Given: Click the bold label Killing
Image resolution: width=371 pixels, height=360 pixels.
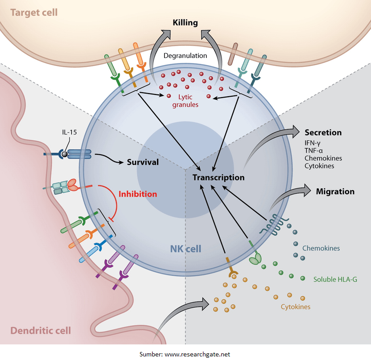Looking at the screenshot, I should click(x=185, y=22).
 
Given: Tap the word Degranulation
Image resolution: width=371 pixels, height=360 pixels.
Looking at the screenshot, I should click(x=185, y=56).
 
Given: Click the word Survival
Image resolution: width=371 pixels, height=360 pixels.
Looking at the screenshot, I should click(x=143, y=162).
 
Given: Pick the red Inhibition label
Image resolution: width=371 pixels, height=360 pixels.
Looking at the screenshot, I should click(x=138, y=194).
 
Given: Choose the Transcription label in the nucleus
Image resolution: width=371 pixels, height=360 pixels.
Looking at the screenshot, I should click(x=218, y=177).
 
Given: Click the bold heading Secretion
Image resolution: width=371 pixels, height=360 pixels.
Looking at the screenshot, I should click(x=323, y=132).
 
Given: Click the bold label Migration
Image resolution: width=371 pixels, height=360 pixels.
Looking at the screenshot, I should click(x=335, y=192).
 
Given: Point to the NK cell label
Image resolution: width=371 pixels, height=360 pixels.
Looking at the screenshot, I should click(x=186, y=249).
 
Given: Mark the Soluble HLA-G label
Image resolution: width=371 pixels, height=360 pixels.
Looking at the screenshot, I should click(x=335, y=279).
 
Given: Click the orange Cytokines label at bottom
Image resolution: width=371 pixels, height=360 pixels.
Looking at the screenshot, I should click(x=295, y=307).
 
